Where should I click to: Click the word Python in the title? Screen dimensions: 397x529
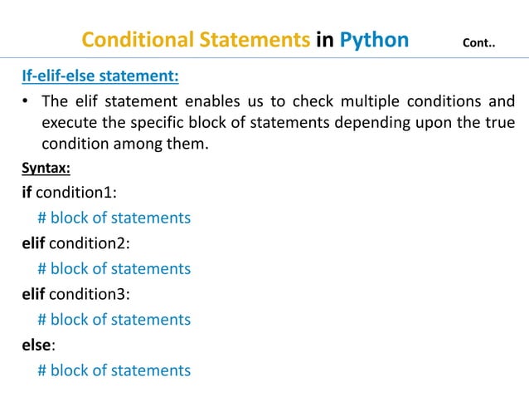point(370,39)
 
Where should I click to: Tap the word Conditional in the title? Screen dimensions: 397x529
point(135,39)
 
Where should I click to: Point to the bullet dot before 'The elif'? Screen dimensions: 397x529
point(26,103)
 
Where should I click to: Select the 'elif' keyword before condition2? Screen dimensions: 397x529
point(33,244)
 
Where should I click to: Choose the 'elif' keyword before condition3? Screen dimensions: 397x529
point(33,295)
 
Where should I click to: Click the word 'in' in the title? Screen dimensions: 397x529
point(324,39)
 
